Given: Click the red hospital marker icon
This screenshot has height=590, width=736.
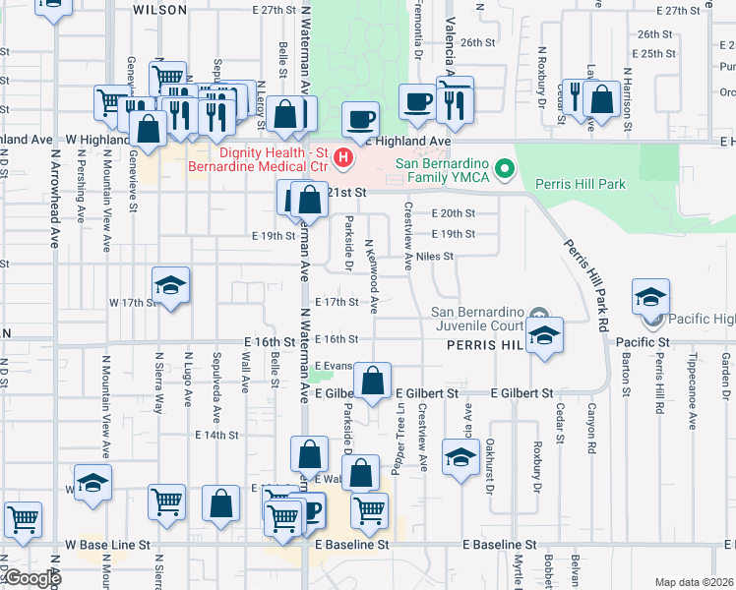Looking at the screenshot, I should [x=342, y=156].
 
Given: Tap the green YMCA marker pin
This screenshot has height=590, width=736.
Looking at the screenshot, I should [x=506, y=169].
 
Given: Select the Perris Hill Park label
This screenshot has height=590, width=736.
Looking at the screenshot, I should [x=581, y=184].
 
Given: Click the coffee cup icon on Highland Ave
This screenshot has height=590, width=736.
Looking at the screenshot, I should [x=360, y=119].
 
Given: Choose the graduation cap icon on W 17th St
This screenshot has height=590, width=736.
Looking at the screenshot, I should [x=171, y=286].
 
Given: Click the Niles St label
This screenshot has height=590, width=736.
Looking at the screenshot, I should [x=434, y=257].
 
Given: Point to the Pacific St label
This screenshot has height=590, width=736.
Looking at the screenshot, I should [x=643, y=342].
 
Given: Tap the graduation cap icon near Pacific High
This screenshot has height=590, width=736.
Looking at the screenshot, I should [x=650, y=298].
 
